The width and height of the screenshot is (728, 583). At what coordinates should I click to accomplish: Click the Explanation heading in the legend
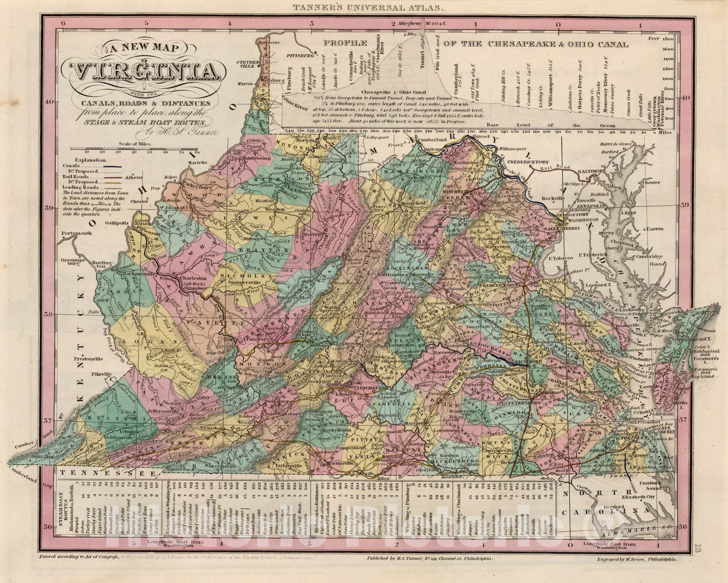coord(91,160)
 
